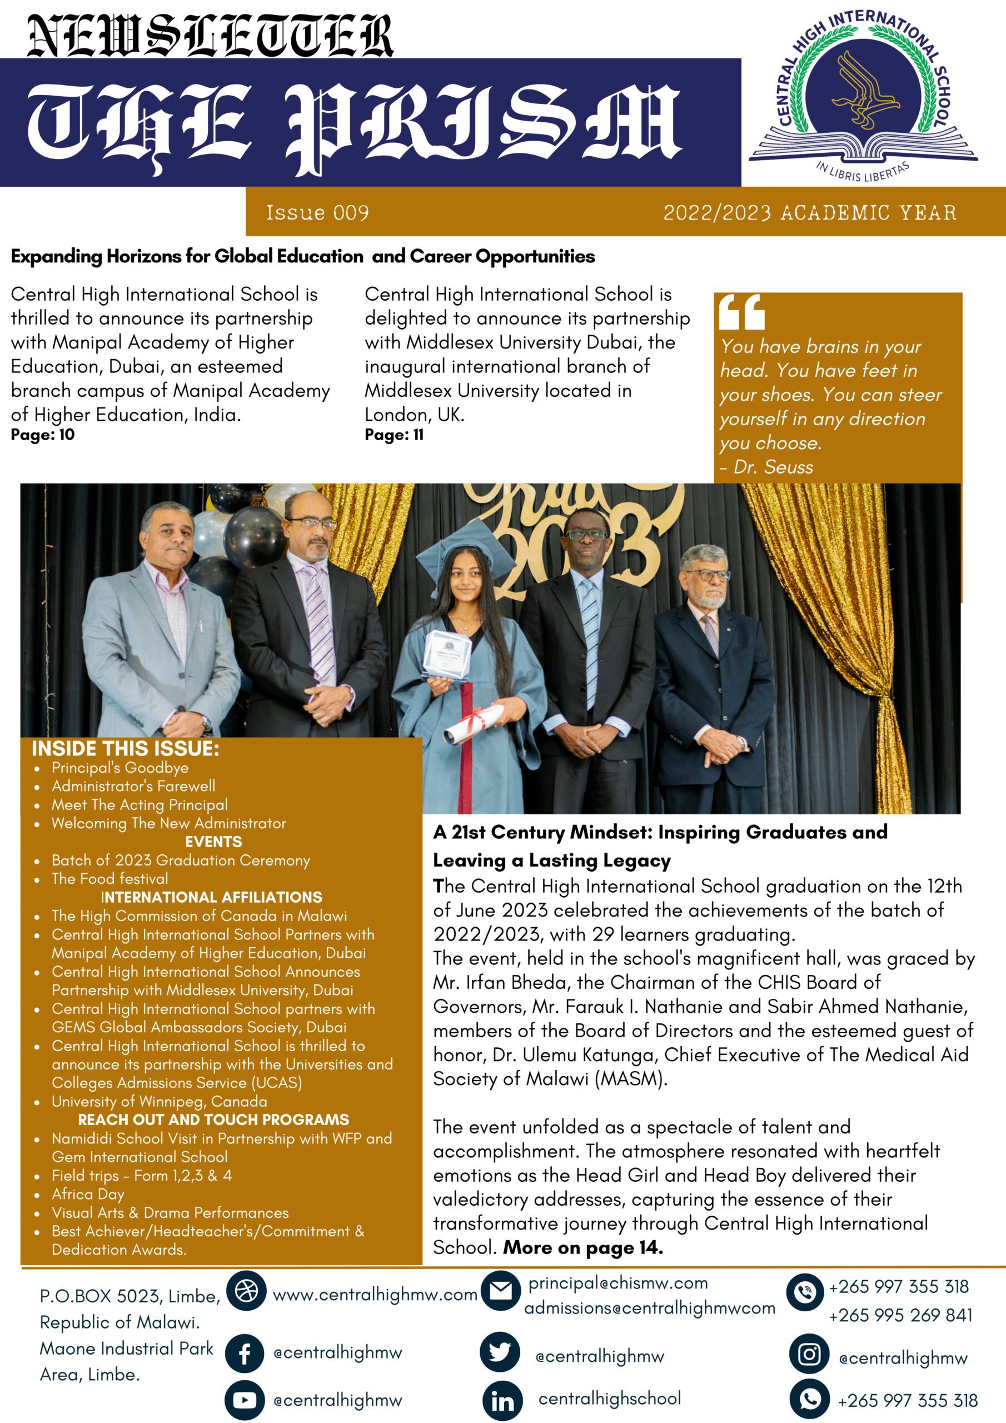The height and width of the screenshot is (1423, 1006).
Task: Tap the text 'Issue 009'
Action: pos(317,212)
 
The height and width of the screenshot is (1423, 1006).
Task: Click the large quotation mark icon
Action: pos(742,312)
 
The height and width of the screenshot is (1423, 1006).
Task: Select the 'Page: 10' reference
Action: pos(43,435)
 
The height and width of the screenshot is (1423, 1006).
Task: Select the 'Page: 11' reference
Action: pos(394,435)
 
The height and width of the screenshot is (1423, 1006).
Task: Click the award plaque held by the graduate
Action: pos(447,653)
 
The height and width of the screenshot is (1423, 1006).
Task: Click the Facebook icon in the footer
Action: pos(245,1354)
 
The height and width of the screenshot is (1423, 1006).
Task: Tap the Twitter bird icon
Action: pos(500,1352)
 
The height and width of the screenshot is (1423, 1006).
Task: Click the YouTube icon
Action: pos(245,1400)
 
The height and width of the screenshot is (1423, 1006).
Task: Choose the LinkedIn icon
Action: pos(502,1400)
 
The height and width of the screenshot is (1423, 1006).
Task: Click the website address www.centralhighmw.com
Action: pos(375,1295)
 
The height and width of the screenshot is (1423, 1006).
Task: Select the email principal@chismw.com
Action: pos(617,1283)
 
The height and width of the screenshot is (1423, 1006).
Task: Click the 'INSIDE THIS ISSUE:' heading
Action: pos(126,749)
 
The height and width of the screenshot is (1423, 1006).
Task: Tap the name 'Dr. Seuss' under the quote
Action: pos(773,467)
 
